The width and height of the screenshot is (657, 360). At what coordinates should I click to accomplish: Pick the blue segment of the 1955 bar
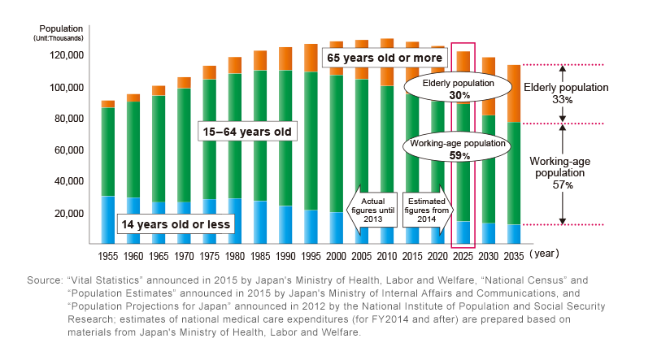point(108,219)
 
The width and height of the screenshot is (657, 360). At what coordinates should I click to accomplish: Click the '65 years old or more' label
point(385,59)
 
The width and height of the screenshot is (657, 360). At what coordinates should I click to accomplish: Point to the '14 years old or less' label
point(176,223)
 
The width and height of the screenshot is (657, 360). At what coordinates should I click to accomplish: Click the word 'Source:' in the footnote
point(45,280)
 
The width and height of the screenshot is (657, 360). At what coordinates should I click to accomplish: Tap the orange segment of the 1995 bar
point(311,58)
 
